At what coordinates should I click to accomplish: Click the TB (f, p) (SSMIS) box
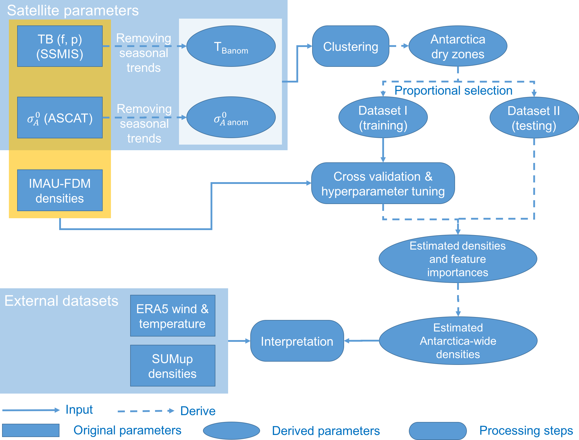pyautogui.click(x=60, y=46)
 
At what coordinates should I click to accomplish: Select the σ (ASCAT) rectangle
pyautogui.click(x=60, y=118)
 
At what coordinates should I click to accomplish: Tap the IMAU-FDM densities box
pyautogui.click(x=60, y=190)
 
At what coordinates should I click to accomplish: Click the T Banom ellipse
pyautogui.click(x=231, y=46)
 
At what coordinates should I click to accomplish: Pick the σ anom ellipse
pyautogui.click(x=231, y=118)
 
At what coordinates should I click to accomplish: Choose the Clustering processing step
pyautogui.click(x=351, y=46)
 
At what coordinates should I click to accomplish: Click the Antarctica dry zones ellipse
pyautogui.click(x=458, y=46)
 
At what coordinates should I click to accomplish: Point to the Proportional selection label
pyautogui.click(x=453, y=90)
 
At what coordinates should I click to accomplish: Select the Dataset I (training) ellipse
pyautogui.click(x=383, y=118)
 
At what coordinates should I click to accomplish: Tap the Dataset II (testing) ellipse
pyautogui.click(x=534, y=118)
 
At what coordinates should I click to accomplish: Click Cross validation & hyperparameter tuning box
pyautogui.click(x=383, y=183)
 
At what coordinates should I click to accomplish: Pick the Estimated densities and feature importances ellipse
pyautogui.click(x=458, y=259)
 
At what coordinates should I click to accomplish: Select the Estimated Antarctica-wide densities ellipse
pyautogui.click(x=458, y=341)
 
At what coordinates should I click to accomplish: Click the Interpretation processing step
pyautogui.click(x=297, y=341)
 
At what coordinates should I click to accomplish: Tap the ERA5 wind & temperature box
pyautogui.click(x=172, y=316)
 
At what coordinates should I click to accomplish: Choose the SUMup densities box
pyautogui.click(x=172, y=366)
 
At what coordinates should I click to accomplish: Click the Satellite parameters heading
pyautogui.click(x=73, y=11)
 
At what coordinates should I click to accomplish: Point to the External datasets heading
pyautogui.click(x=61, y=301)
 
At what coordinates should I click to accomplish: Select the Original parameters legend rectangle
pyautogui.click(x=31, y=430)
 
